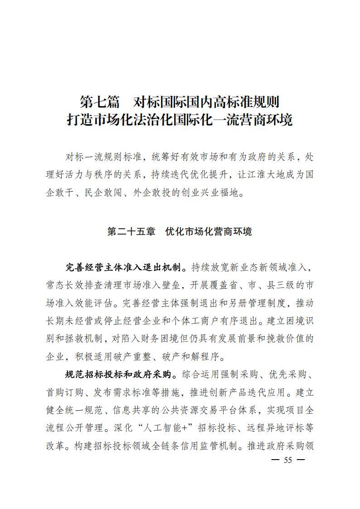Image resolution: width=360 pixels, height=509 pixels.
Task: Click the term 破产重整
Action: (142, 356)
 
